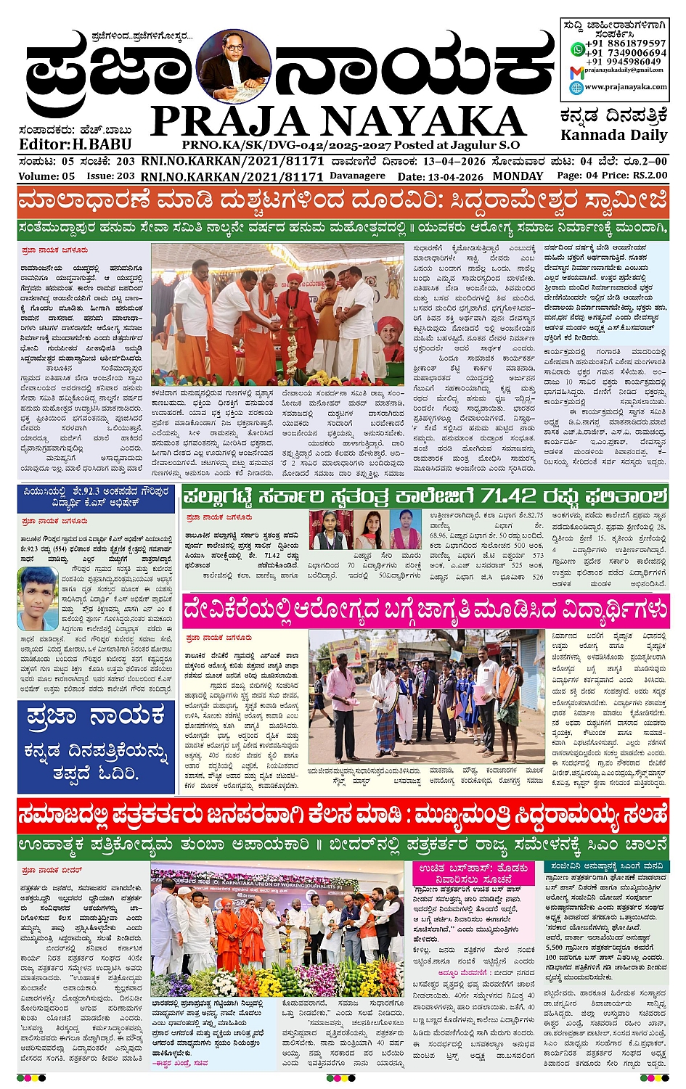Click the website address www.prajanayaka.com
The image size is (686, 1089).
click(x=625, y=87)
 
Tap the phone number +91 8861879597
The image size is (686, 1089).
click(x=625, y=44)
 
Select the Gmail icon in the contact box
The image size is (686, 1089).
click(x=576, y=71)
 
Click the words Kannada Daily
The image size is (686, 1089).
click(x=613, y=135)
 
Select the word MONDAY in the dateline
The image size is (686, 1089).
click(x=518, y=176)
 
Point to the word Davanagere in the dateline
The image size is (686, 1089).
click(x=357, y=176)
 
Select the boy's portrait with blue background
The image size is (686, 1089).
click(x=38, y=598)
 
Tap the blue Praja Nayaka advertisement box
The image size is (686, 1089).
click(x=96, y=746)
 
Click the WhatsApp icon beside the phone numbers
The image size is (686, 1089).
click(x=578, y=49)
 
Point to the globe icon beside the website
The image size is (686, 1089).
click(x=576, y=87)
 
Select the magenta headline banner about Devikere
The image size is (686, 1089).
click(x=425, y=610)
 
